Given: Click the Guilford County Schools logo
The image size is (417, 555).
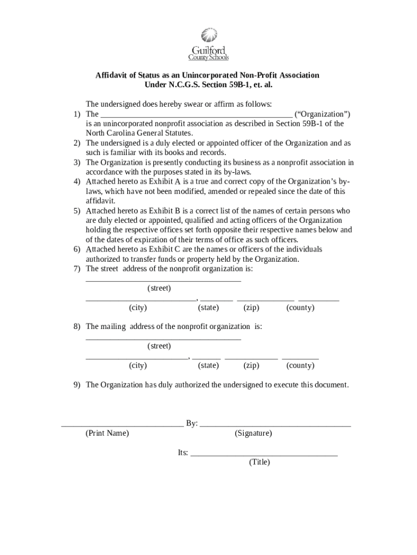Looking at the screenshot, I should click(x=208, y=44).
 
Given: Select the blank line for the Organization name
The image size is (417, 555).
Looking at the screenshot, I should click(x=197, y=115).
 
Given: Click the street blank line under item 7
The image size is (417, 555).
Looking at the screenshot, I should click(x=163, y=280).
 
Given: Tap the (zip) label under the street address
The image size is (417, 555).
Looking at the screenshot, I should click(x=251, y=308).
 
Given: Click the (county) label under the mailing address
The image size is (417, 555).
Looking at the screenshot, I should click(x=300, y=366).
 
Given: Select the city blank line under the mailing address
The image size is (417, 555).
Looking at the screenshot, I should click(x=136, y=358).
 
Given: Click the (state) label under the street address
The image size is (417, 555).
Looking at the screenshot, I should click(x=208, y=308).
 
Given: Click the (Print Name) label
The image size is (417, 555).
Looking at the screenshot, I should click(x=107, y=434).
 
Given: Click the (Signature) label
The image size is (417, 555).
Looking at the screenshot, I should click(x=253, y=434).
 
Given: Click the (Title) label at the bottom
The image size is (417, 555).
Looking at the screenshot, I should click(x=259, y=462).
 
